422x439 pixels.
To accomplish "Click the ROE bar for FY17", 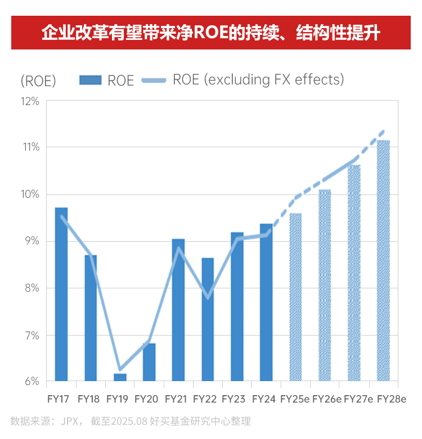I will tap(61, 295).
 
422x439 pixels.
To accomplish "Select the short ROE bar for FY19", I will tap(120, 377).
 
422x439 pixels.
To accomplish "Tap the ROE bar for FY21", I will tap(178, 310).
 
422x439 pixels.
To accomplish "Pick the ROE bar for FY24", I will tap(266, 302).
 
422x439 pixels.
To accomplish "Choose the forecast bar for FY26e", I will tap(325, 286).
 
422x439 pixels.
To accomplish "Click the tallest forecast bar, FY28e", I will tap(383, 261).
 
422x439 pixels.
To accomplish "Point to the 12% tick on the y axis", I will tap(30, 102).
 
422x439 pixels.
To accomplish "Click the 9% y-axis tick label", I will tap(32, 241).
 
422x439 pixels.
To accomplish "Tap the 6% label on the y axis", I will tap(32, 382).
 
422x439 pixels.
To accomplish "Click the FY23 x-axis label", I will tap(234, 399).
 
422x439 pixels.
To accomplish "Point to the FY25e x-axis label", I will tap(295, 399).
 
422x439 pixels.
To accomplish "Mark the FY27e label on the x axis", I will tap(358, 399).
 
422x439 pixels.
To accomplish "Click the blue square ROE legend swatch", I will tap(90, 80).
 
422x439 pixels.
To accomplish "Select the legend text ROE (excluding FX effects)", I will tap(258, 80).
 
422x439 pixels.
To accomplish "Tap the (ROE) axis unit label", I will tap(38, 81).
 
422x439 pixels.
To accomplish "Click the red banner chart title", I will tap(211, 33).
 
